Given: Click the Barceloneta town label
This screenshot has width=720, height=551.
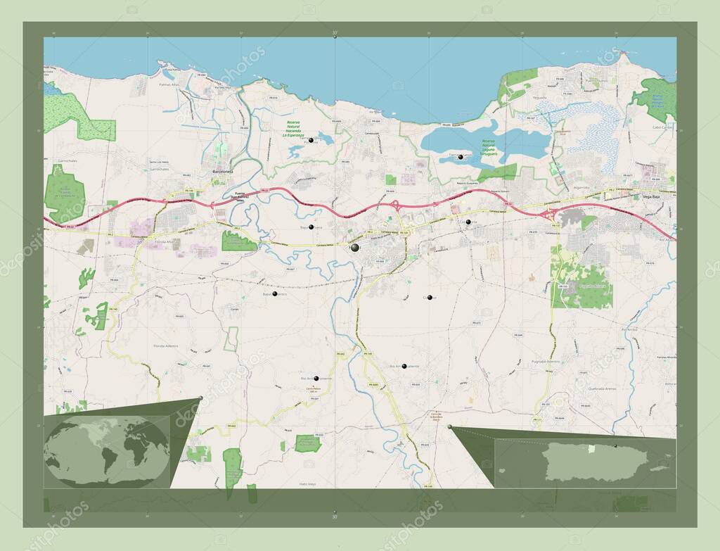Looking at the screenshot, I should coord(222,171).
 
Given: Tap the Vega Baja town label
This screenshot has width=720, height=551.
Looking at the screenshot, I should coord(650,197).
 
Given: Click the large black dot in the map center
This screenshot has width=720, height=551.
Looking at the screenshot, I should coord(355,248).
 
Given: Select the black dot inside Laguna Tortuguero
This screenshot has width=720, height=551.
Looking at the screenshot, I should coord(461,158).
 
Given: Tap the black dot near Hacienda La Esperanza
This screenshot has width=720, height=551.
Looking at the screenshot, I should coord(311,140).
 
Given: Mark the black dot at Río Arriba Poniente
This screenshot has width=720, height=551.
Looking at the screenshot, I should coord(316,379).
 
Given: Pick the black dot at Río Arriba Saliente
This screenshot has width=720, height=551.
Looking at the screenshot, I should coord(404,366).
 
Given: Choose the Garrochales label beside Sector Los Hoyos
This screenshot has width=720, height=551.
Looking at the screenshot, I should coord(159,170).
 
